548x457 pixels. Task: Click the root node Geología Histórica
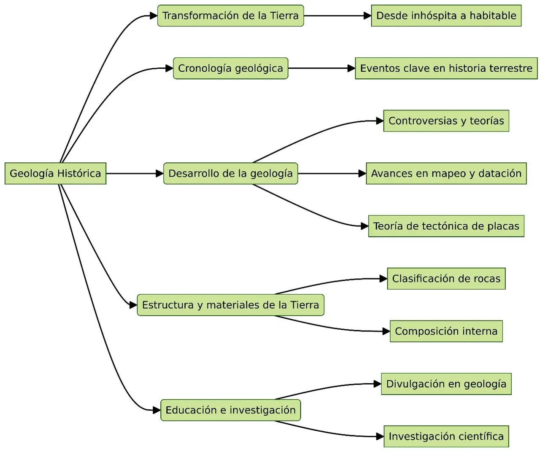(x=55, y=173)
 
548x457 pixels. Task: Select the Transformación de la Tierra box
(x=230, y=16)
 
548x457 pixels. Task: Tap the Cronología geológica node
(x=230, y=68)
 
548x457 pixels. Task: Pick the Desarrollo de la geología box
(x=230, y=173)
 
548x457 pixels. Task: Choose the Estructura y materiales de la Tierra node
(x=230, y=305)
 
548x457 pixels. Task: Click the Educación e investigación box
(x=230, y=410)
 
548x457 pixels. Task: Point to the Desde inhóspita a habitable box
(x=446, y=16)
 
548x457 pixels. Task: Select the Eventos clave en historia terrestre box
(x=446, y=68)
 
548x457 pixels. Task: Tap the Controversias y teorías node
(x=446, y=121)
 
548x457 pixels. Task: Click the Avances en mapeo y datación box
(x=446, y=173)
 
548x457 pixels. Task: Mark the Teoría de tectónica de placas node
(x=446, y=226)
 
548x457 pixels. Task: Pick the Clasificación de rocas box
(x=446, y=279)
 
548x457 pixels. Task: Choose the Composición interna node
(x=446, y=331)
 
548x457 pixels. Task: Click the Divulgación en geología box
(x=446, y=384)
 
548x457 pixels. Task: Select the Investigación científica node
(x=446, y=436)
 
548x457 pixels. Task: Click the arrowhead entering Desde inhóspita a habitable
(x=367, y=16)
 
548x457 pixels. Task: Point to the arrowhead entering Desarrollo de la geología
(x=159, y=173)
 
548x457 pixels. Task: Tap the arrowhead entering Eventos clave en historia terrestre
(x=351, y=68)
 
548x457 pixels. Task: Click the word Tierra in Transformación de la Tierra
(x=284, y=16)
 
